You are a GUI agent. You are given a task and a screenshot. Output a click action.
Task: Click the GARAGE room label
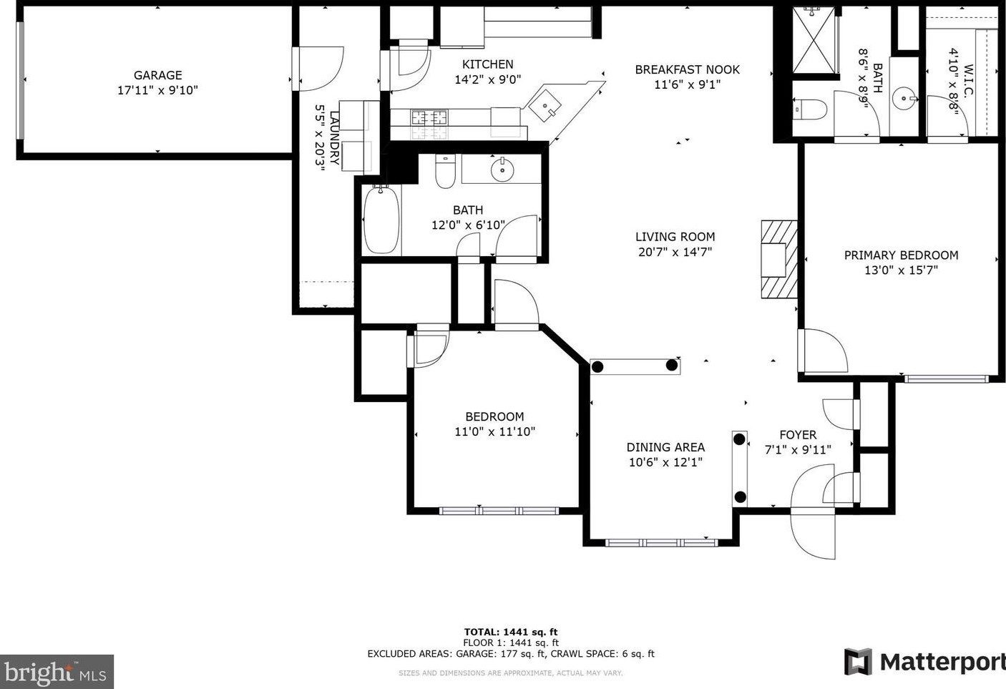point(157,75)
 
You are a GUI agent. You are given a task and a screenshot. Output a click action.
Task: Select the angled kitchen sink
point(544,106)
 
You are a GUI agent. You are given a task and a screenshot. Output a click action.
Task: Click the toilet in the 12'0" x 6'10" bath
point(445,171)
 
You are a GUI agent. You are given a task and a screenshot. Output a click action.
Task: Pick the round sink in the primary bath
point(904,98)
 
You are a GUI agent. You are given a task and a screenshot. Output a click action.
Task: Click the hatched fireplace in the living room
point(778,259)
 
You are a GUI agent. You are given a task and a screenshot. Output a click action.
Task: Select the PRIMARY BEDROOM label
point(901,255)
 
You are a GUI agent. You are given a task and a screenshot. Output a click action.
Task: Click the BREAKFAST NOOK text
point(687,69)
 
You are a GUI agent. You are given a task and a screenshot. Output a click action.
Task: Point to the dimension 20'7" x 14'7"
point(675,252)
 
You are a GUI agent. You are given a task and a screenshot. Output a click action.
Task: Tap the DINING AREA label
point(665,447)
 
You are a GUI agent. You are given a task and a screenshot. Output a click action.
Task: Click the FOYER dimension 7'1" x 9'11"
point(798,449)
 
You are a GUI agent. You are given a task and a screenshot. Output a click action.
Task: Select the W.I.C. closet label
point(968,80)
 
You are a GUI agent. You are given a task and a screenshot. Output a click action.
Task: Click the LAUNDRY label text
point(335,138)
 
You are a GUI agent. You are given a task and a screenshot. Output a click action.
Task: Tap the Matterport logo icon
point(858,662)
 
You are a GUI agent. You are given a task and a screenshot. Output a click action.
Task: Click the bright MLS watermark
point(56,672)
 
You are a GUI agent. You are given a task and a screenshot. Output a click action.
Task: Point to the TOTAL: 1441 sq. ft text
point(511,632)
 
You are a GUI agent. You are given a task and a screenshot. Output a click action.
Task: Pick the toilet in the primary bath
point(810,109)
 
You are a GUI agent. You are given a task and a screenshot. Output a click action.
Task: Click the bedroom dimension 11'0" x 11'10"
point(494,431)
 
